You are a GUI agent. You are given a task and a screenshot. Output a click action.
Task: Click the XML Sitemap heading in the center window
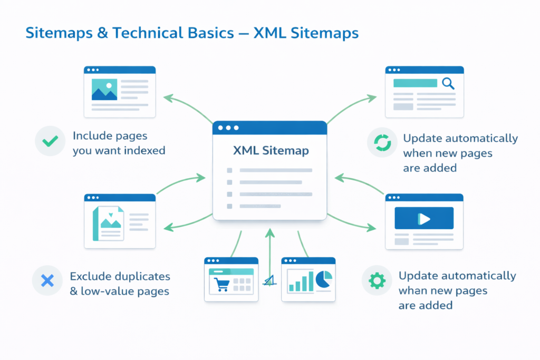coord(271,151)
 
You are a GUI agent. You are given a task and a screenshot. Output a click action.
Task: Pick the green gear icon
coord(377,280)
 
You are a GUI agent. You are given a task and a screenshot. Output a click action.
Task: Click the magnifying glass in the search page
coord(448,83)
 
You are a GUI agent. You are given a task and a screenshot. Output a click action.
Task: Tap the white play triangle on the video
coord(425,218)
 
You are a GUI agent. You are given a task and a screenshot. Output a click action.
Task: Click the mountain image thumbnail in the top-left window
coord(104,89)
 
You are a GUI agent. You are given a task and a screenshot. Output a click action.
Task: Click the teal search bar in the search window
coord(416,83)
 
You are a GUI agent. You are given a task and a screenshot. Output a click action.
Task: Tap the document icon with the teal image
coord(108,223)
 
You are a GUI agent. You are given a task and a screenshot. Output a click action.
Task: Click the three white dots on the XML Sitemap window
coord(228,128)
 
